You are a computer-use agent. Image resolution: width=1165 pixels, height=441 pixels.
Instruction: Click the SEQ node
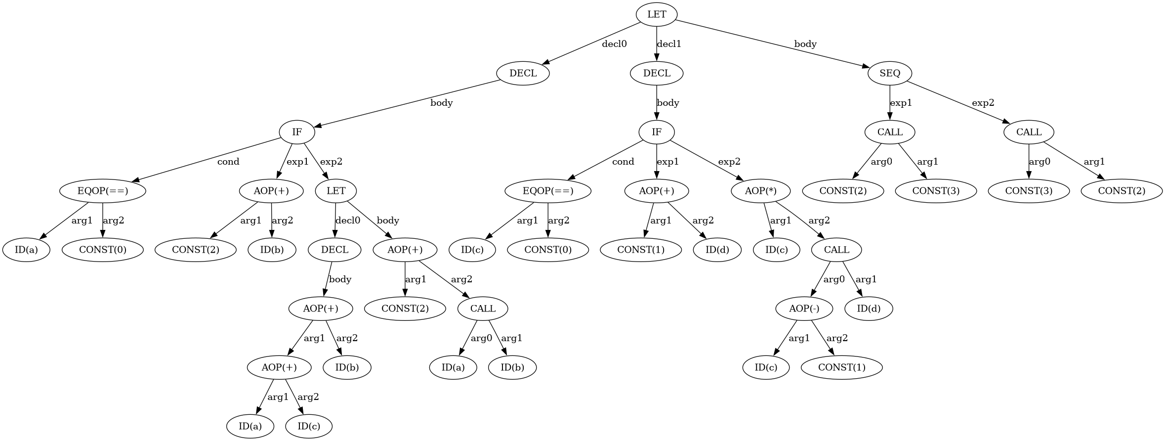(889, 73)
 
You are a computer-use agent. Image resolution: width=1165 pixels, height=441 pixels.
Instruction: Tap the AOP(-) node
(804, 309)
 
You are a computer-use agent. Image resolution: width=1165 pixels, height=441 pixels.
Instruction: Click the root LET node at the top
(656, 14)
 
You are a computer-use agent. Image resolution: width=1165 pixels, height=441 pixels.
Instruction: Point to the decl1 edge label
(669, 44)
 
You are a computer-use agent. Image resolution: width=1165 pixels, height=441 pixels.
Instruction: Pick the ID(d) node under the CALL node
(868, 309)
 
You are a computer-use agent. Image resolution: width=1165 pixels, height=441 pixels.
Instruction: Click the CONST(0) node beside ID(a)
(103, 250)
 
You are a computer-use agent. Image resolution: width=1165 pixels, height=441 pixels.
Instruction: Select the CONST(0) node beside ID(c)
(548, 250)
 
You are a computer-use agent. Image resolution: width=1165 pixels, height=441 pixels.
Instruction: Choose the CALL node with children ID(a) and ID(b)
(483, 309)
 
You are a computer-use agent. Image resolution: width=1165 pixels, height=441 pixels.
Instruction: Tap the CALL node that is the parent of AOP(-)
(836, 250)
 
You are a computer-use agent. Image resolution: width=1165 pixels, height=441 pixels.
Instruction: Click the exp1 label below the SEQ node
(901, 103)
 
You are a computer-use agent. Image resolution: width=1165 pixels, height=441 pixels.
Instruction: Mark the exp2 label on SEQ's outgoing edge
(983, 103)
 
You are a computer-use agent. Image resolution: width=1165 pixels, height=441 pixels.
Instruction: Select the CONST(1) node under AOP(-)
(841, 367)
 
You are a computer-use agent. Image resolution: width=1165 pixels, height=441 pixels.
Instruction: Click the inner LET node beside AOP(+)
(336, 191)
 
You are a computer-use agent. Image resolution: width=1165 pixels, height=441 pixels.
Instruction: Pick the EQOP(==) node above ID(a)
(103, 191)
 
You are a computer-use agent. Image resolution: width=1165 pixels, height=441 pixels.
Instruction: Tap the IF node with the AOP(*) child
(656, 132)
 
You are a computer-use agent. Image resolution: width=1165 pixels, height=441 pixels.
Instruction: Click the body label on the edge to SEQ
(805, 44)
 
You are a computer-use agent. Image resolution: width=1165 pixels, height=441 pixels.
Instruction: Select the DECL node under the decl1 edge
(657, 73)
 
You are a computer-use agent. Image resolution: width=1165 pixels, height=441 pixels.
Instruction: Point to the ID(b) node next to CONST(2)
(272, 250)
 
